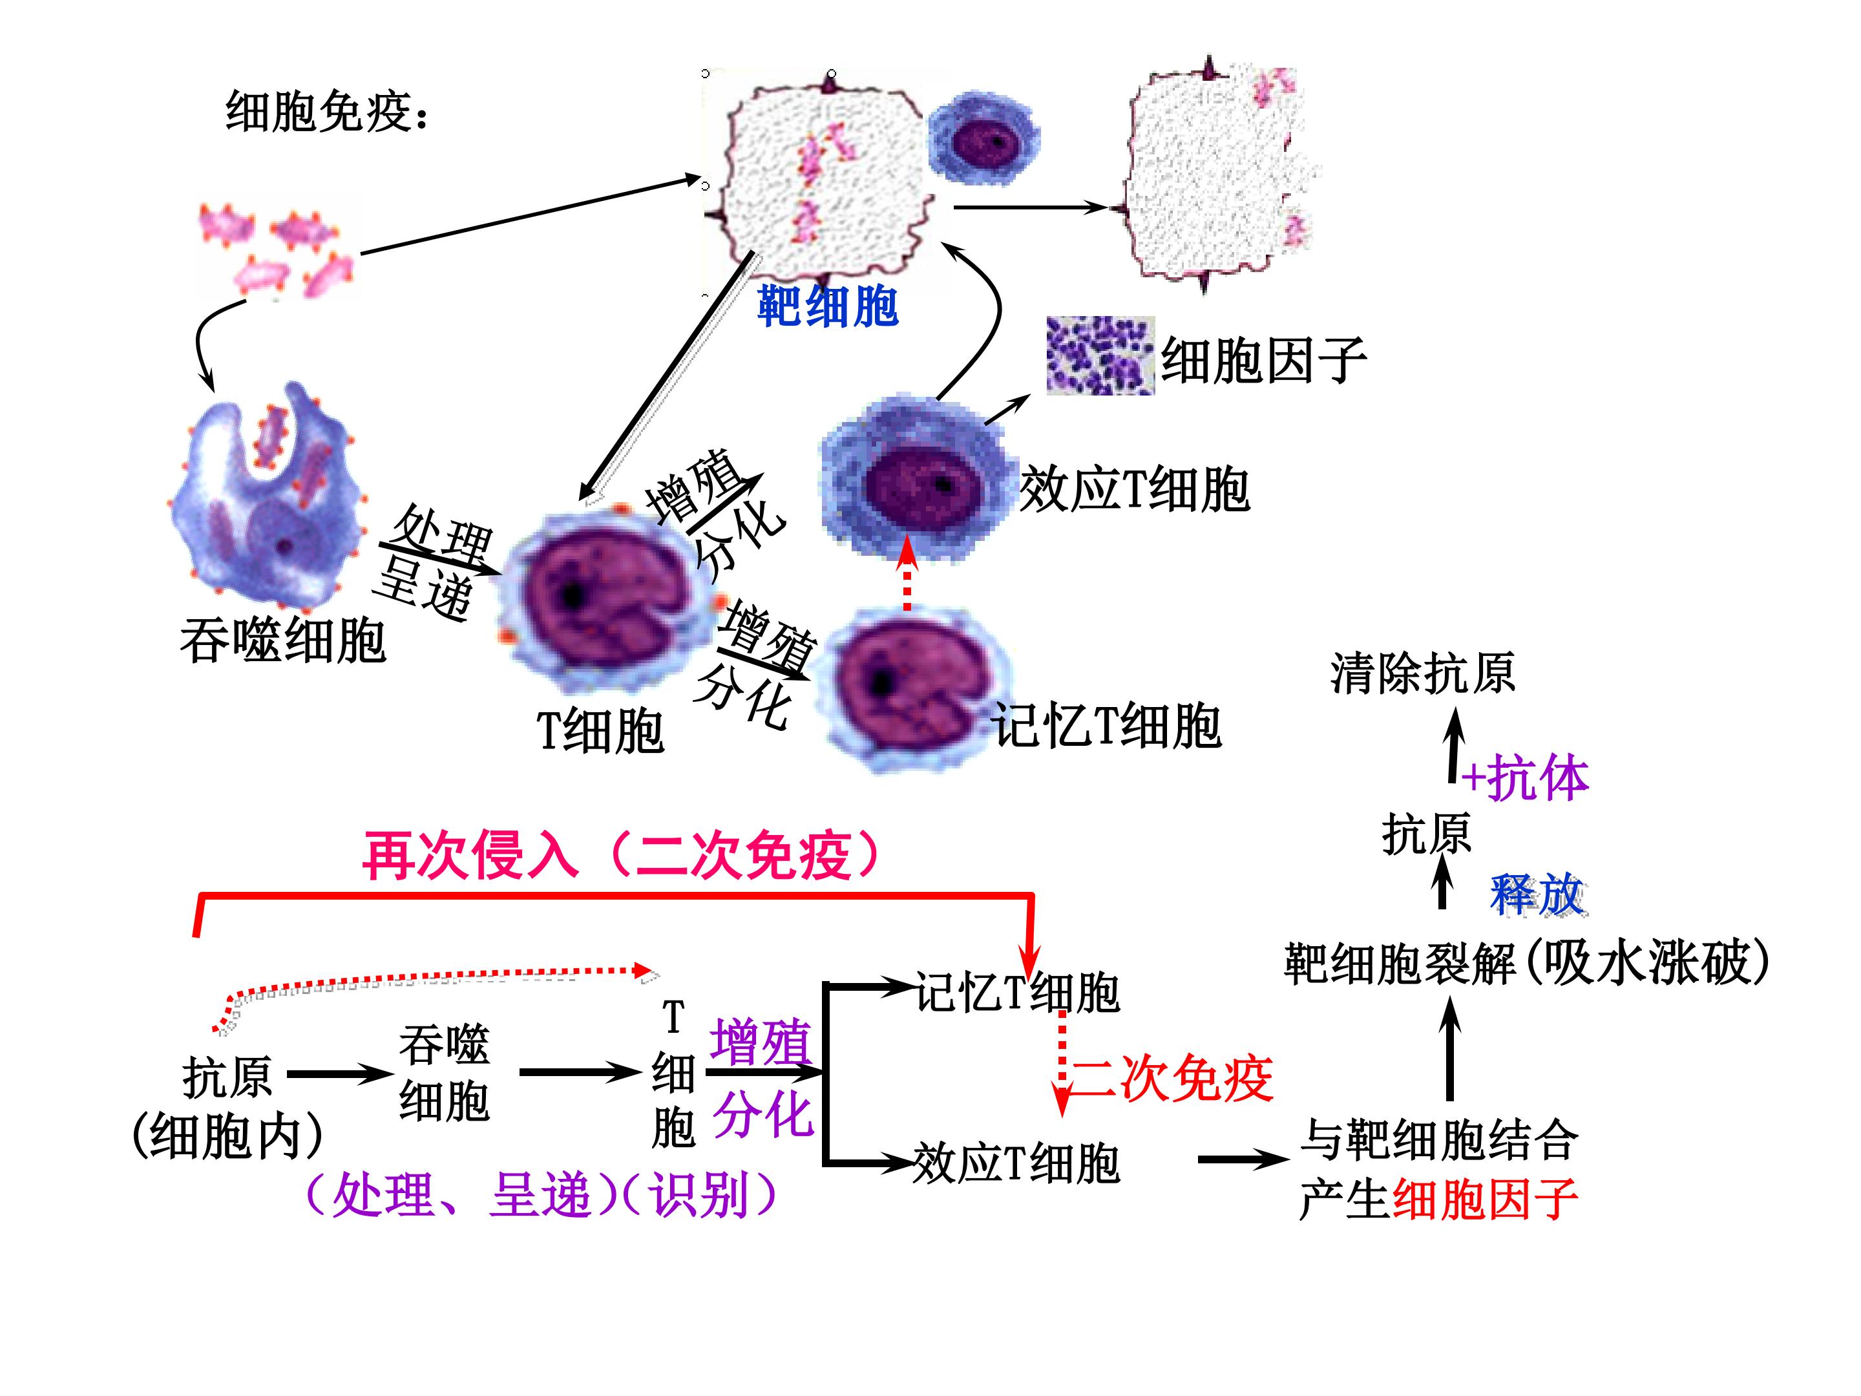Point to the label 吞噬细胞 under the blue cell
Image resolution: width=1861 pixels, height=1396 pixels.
coord(282,640)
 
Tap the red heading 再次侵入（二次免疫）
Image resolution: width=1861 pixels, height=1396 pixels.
coord(622,856)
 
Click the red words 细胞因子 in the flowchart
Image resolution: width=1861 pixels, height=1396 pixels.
coord(1486,1199)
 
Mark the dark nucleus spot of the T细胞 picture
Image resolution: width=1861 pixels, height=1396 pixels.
coord(573,595)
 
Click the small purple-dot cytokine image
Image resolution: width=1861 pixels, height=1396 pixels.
coord(1100,355)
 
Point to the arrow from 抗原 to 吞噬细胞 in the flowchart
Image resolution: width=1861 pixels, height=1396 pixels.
coord(339,1073)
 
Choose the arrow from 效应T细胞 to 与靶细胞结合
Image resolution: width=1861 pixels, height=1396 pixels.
coord(1243,1159)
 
